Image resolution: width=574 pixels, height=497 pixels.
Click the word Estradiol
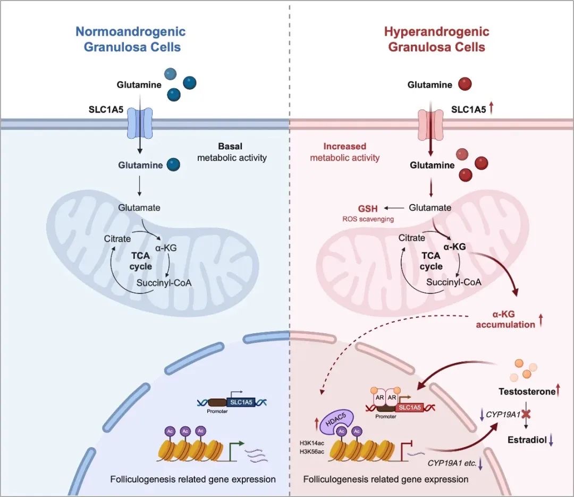[525, 440]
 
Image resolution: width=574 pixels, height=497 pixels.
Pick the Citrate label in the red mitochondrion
[412, 238]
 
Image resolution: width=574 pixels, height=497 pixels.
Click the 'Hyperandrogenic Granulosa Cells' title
[436, 39]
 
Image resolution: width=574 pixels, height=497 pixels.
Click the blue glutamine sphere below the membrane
[173, 165]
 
